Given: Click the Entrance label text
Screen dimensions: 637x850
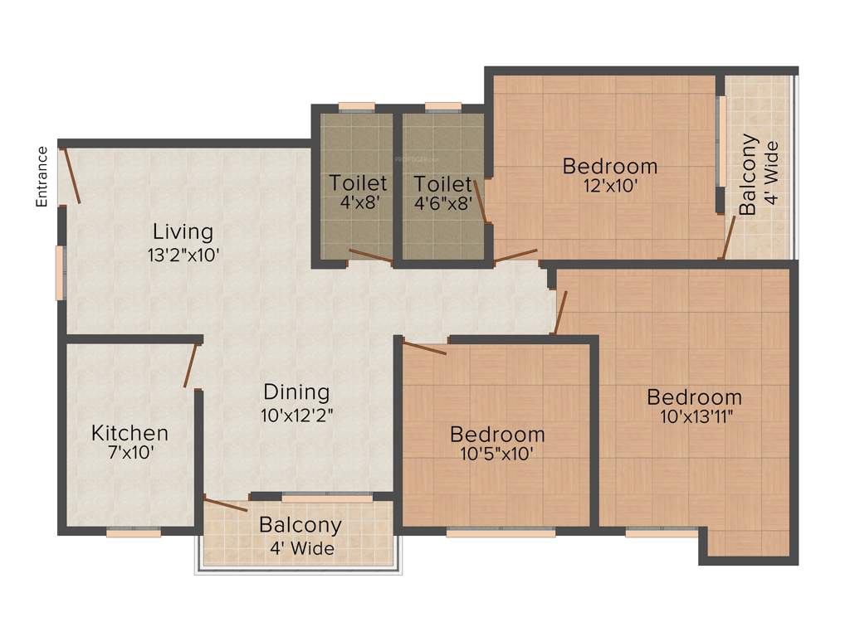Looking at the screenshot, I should [x=42, y=176].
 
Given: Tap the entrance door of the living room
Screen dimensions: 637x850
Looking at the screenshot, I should [x=71, y=175].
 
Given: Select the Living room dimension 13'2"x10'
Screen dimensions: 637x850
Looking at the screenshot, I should [x=183, y=255].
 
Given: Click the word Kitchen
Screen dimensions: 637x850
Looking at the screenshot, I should [x=129, y=433].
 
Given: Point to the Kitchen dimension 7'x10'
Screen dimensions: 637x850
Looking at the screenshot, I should [x=129, y=453].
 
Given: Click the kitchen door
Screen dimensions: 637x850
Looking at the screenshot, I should [x=191, y=365].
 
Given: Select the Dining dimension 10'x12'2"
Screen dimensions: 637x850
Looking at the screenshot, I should [x=296, y=412].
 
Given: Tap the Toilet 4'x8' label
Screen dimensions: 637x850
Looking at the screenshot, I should [x=358, y=183].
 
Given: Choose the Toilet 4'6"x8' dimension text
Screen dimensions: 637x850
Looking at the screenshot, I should [x=442, y=202].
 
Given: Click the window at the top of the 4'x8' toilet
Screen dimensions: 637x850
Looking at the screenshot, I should [x=357, y=106].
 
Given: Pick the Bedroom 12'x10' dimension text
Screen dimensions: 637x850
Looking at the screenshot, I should [x=609, y=187].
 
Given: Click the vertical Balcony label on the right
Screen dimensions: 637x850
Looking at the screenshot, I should [x=749, y=174].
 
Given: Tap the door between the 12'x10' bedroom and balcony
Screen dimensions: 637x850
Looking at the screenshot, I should [x=728, y=239].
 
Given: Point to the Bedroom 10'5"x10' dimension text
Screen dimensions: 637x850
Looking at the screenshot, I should [x=497, y=454].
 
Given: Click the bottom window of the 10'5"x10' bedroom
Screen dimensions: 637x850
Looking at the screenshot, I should [x=501, y=532].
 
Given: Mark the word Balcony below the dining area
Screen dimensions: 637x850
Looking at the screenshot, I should [x=300, y=525].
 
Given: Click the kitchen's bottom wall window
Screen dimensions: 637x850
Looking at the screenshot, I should [x=134, y=532].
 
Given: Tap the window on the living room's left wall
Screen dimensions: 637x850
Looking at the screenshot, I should [x=60, y=272].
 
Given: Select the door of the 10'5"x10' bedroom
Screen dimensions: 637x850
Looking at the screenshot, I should [x=424, y=347].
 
